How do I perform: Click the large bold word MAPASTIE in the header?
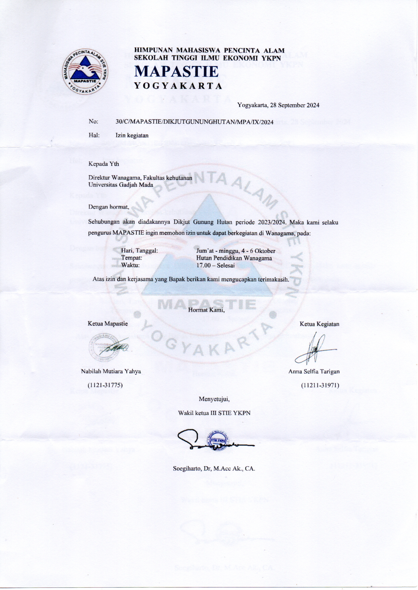tap(177, 71)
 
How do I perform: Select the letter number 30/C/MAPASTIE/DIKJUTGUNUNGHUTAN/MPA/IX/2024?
tap(194, 122)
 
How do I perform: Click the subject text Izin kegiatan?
tap(132, 135)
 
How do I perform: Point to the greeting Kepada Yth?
tap(104, 164)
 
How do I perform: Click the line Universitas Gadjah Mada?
tap(121, 185)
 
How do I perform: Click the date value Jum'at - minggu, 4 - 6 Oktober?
tap(236, 251)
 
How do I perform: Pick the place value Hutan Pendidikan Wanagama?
tap(234, 258)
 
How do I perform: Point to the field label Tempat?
tap(132, 258)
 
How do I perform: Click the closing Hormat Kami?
tap(206, 310)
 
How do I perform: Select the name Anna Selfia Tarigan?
tap(314, 371)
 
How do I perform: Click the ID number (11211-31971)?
tap(320, 385)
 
